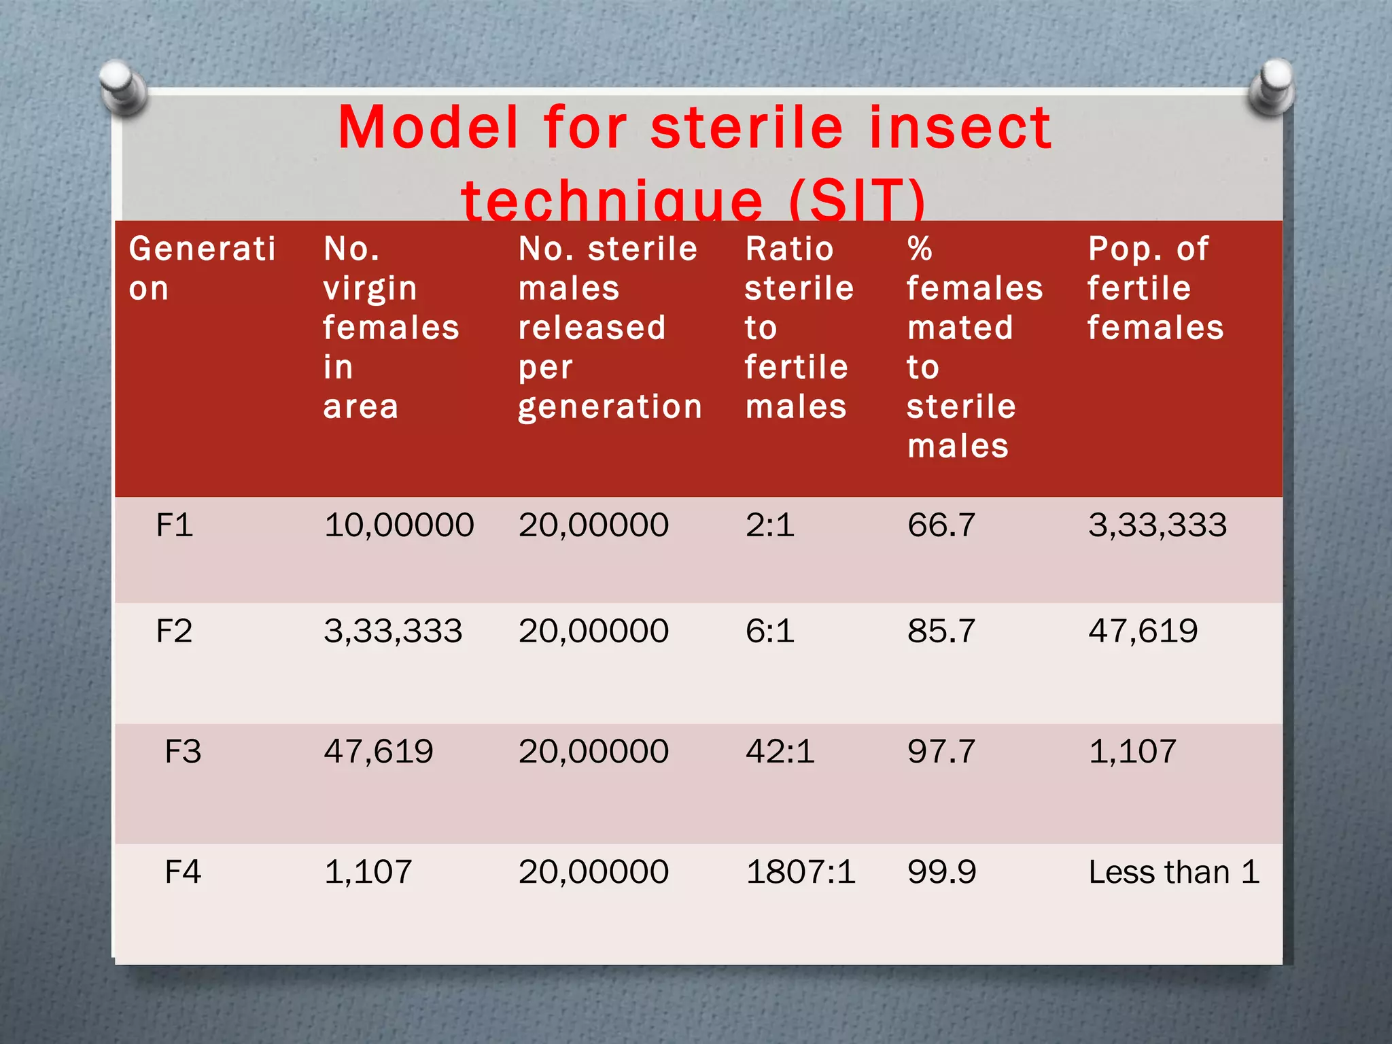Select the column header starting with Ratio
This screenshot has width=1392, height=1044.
798,327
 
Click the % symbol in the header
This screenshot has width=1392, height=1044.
920,249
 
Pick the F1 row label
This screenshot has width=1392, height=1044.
174,525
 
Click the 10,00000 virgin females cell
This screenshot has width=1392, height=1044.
398,525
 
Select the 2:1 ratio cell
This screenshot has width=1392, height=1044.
769,525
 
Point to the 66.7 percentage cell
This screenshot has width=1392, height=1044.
941,525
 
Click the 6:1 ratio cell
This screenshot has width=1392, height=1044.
769,631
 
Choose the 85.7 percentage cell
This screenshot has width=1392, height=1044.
941,631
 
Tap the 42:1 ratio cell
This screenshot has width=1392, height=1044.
780,752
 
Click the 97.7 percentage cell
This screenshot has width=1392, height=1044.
941,752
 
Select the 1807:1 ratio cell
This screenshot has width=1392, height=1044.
800,872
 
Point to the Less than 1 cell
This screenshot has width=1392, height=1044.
1173,872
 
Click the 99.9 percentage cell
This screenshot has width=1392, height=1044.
941,872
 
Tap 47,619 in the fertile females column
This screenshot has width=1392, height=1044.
1143,631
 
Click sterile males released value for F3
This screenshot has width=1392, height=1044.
593,752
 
